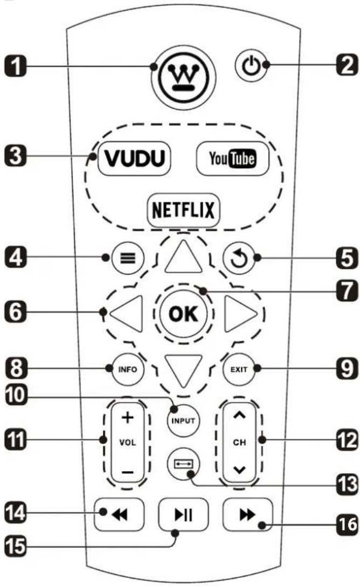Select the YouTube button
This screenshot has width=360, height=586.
232,159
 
